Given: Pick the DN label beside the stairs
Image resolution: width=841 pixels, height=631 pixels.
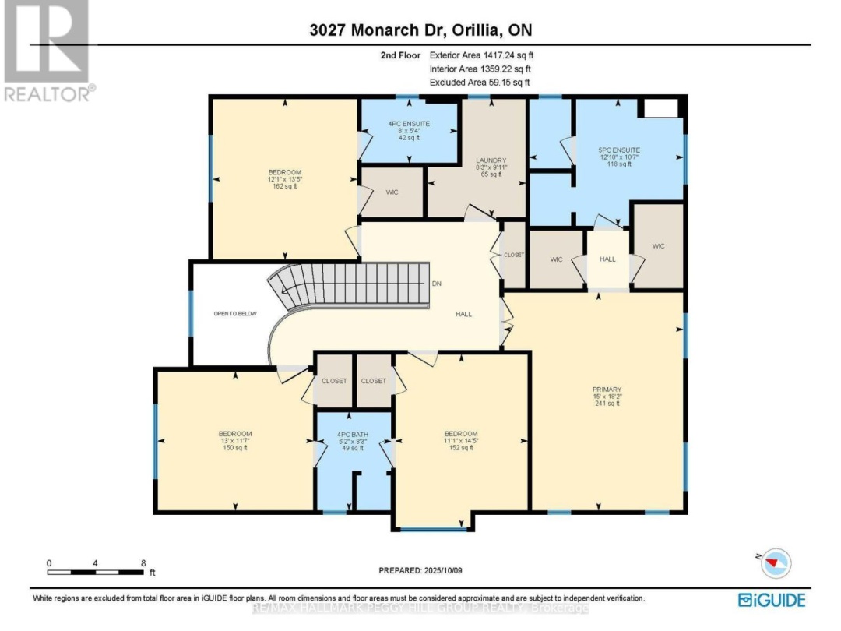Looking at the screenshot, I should (x=437, y=284).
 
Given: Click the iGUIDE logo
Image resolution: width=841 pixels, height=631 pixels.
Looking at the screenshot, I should (x=772, y=600).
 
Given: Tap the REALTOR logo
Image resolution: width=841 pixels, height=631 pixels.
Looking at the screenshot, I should (x=48, y=51).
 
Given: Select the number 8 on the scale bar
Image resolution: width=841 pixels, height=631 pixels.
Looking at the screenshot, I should (x=143, y=562).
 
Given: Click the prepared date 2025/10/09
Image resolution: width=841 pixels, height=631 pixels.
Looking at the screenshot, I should (x=420, y=569).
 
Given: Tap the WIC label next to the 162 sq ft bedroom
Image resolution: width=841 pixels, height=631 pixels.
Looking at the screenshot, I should (x=392, y=192).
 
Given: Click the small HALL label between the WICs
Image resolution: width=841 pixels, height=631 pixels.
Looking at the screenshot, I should (x=607, y=259).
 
